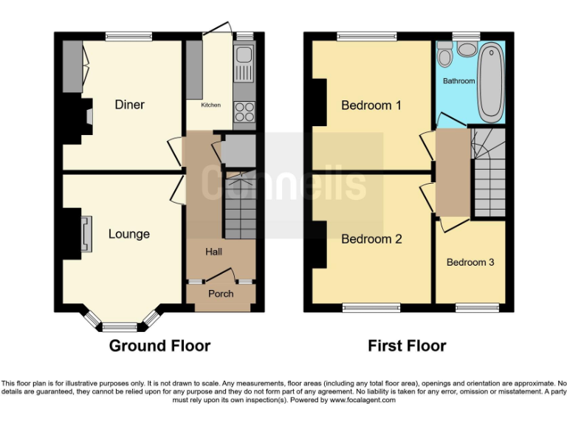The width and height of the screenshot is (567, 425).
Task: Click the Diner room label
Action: (x=129, y=105)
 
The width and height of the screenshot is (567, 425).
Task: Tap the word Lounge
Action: (x=129, y=234)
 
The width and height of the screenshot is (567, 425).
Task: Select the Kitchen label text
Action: (x=210, y=106)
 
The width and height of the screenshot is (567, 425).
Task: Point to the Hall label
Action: (x=213, y=252)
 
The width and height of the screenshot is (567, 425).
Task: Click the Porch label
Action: (x=220, y=294)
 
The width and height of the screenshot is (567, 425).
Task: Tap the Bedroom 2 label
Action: (x=371, y=239)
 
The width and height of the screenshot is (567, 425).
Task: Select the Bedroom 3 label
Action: (x=470, y=262)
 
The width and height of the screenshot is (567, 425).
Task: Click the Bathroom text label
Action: (x=458, y=80)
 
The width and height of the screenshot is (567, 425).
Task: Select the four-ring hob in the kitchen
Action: (x=244, y=111)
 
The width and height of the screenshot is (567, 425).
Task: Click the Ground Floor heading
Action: (x=159, y=346)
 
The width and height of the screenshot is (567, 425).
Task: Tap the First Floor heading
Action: (x=407, y=346)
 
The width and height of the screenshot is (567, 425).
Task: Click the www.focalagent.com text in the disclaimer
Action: (x=360, y=400)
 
